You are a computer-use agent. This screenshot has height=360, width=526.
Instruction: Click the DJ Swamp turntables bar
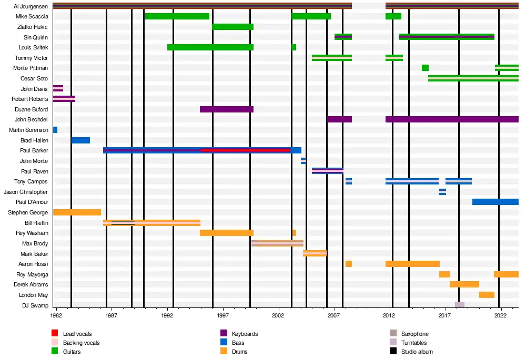pyautogui.click(x=459, y=305)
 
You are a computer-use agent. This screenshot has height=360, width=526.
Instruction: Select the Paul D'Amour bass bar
pyautogui.click(x=495, y=202)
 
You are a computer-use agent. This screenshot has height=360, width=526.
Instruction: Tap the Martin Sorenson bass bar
pyautogui.click(x=55, y=130)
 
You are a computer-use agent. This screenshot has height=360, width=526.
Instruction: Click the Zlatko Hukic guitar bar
pyautogui.click(x=232, y=27)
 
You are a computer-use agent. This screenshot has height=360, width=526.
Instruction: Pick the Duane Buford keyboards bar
pyautogui.click(x=226, y=109)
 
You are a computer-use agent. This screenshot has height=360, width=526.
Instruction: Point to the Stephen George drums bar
pyautogui.click(x=77, y=212)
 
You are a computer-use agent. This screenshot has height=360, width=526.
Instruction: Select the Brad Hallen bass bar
pyautogui.click(x=80, y=140)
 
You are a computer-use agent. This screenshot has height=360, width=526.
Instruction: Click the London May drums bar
pyautogui.click(x=486, y=295)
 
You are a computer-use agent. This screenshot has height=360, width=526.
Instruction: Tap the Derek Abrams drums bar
pyautogui.click(x=464, y=284)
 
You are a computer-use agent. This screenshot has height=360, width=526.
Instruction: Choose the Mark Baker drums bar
pyautogui.click(x=314, y=253)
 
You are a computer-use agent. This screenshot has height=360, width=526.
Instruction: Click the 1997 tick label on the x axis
pyautogui.click(x=224, y=316)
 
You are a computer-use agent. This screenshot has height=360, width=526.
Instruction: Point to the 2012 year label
pyautogui.click(x=389, y=316)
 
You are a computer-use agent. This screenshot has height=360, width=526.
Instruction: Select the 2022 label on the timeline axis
pyautogui.click(x=500, y=316)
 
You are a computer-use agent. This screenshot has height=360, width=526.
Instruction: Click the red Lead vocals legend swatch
pyautogui.click(x=55, y=334)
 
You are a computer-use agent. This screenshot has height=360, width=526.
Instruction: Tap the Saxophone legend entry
pyautogui.click(x=414, y=334)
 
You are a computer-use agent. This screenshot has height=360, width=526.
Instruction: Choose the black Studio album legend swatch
pyautogui.click(x=393, y=352)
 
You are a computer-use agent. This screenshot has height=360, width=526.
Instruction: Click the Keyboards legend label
pyautogui.click(x=245, y=334)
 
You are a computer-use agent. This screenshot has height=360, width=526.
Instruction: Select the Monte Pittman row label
pyautogui.click(x=31, y=68)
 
